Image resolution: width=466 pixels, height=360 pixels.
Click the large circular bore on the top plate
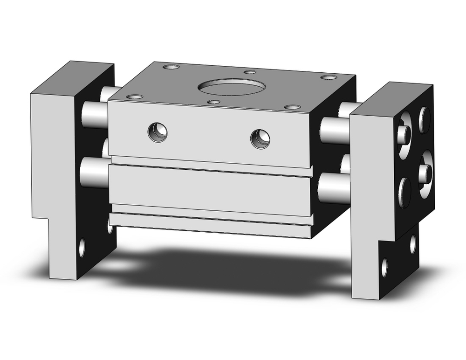(x=232, y=87)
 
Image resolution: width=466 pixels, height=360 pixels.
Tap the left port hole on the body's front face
(x=158, y=132)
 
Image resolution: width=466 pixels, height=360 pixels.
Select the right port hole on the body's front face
(x=260, y=138)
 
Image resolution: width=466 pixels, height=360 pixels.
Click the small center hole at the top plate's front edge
(x=213, y=102)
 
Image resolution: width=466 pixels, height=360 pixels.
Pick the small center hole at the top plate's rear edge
(x=250, y=72)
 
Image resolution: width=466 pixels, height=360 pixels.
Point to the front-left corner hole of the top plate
(x=135, y=97)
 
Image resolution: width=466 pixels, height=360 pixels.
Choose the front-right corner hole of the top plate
(x=292, y=107)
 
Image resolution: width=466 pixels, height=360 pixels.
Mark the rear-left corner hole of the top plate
(x=171, y=67)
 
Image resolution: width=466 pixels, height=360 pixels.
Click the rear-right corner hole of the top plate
(x=329, y=77)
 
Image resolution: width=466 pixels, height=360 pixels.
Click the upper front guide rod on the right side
(x=335, y=130)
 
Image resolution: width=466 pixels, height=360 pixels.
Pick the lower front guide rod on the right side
(x=334, y=188)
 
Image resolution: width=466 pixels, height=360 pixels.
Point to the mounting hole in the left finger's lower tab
(x=82, y=247)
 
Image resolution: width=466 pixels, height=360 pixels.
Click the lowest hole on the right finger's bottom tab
(x=384, y=267)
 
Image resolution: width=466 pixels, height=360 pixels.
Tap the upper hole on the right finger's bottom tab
(x=413, y=244)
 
